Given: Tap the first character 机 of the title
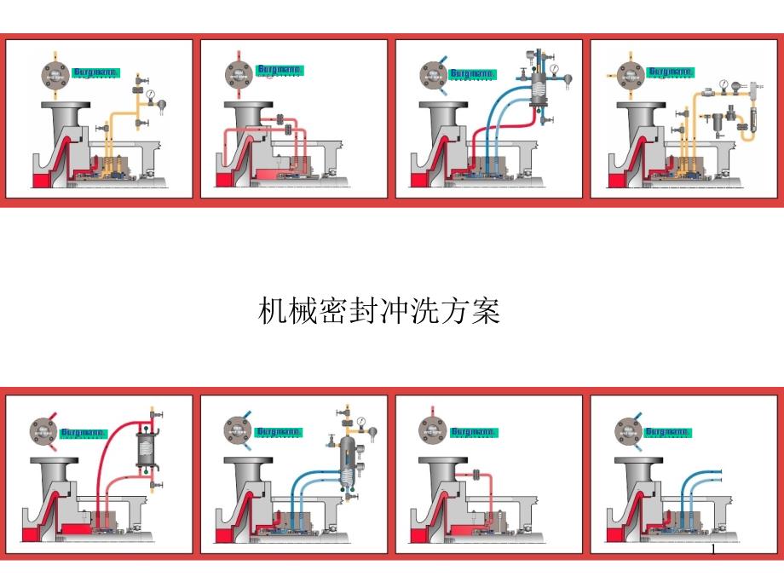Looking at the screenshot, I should point(270,313).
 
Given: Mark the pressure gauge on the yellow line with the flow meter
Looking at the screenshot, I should point(723,85).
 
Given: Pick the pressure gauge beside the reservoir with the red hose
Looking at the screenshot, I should point(555,68).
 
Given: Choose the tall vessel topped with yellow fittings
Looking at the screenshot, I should point(347,461).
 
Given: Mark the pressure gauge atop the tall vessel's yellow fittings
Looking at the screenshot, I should point(361,421).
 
